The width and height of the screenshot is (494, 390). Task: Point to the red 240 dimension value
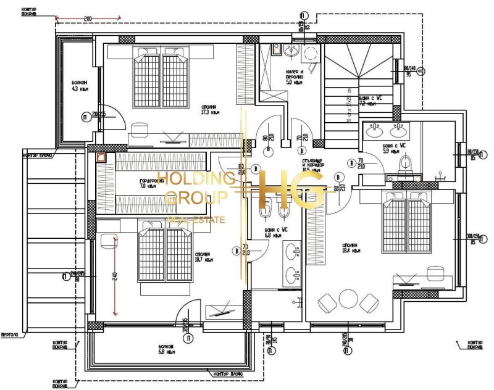coord(115,277)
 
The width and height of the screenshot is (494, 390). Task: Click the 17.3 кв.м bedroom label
coord(210,109)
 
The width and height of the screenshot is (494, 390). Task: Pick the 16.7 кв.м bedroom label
coord(203,257)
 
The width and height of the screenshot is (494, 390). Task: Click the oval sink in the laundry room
coord(293,52)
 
